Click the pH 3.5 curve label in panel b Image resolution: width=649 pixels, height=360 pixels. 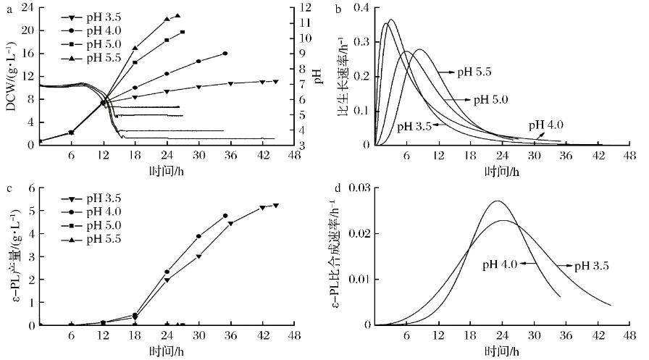pos(414,126)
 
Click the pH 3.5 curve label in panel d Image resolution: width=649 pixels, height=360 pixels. pos(592,266)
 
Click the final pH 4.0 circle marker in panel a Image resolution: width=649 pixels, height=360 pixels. pos(225,54)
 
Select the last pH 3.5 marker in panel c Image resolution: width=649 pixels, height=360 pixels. pos(275,206)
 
